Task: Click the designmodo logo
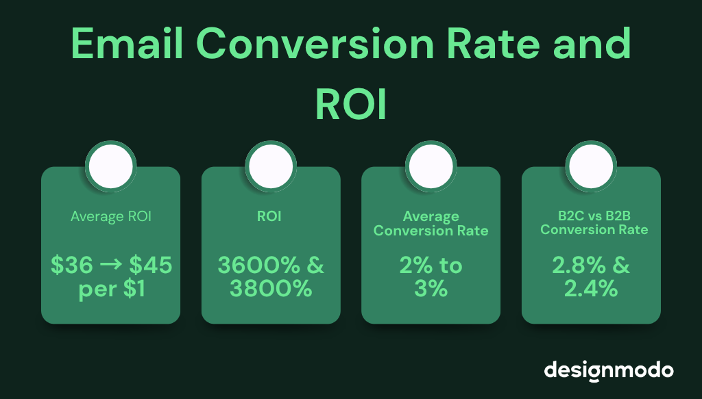coord(609,370)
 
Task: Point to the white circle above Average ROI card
coord(110,165)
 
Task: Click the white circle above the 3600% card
coord(271,165)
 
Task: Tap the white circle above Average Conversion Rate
coord(431,165)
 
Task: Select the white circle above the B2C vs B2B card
coord(591,165)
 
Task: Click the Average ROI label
coord(110,217)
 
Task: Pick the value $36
coord(72,266)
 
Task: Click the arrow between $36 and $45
coord(111,266)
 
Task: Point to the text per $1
coord(110,289)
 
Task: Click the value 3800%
coord(271,289)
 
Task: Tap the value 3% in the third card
coord(431,289)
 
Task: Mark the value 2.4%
coord(591,289)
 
